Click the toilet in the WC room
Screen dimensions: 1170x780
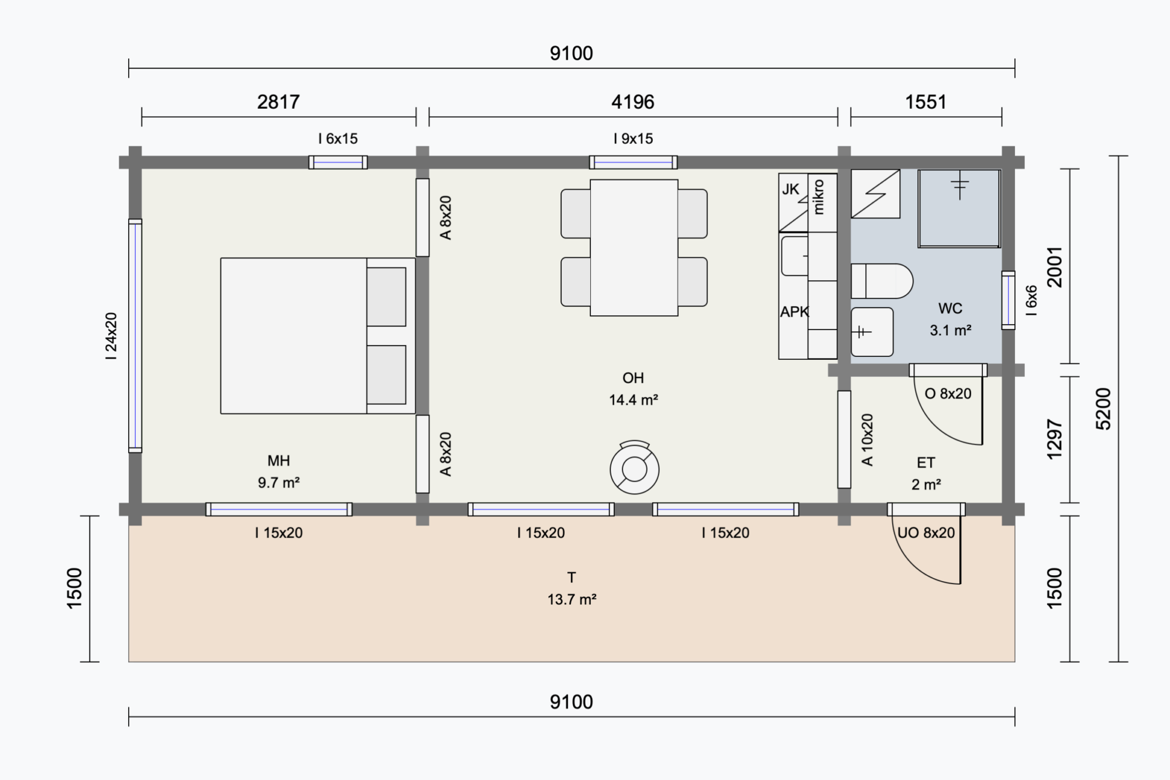(x=882, y=281)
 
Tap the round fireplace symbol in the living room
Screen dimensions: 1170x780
(x=634, y=468)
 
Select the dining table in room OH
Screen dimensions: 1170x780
(x=634, y=248)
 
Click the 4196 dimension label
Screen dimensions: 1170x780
(x=633, y=102)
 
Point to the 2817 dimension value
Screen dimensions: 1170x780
(x=278, y=102)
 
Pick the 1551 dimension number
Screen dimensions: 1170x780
(x=925, y=102)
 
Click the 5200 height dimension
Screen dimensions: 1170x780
(x=1103, y=409)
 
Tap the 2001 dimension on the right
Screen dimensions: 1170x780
(x=1054, y=267)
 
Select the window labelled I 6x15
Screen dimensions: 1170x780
(x=338, y=162)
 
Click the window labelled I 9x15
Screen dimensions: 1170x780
(x=634, y=162)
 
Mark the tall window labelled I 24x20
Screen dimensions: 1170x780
(x=135, y=336)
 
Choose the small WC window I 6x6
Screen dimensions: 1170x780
(x=1008, y=300)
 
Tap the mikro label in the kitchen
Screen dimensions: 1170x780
(x=818, y=197)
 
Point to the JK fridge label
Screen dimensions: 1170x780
(x=790, y=189)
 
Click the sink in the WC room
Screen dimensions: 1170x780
(x=872, y=332)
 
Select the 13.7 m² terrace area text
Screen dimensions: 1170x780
(x=572, y=600)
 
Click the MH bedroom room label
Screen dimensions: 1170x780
(x=278, y=461)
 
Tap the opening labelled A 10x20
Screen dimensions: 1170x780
(x=844, y=439)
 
